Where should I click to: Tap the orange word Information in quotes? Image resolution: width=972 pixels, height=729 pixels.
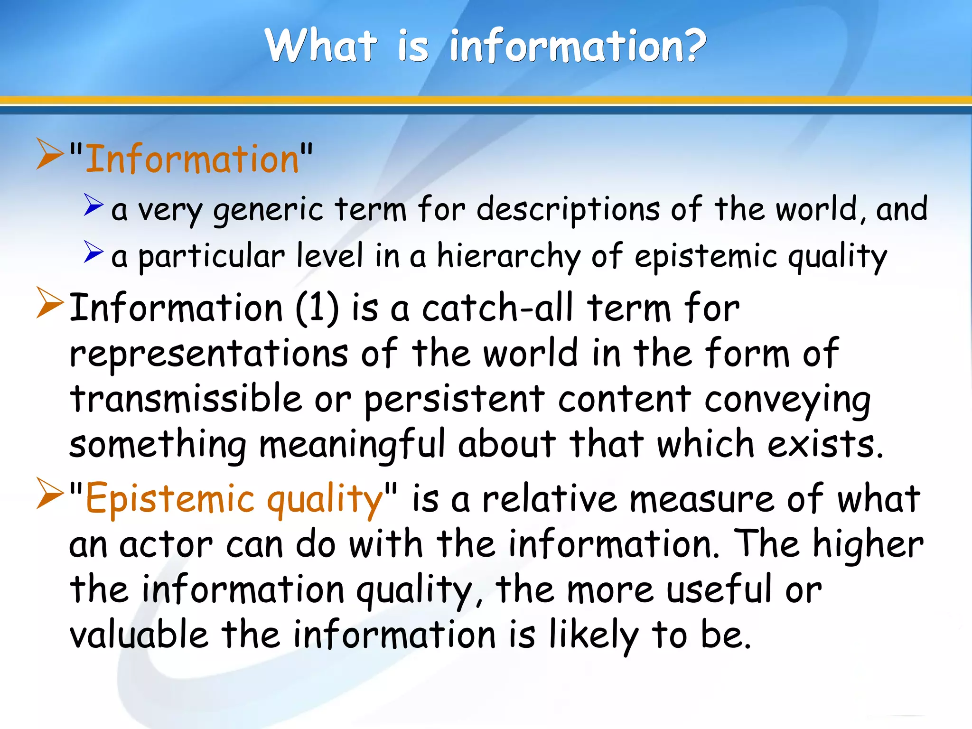192,159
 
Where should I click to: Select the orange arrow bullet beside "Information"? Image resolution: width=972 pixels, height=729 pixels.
49,154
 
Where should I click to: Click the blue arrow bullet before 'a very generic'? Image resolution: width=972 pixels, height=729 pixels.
93,205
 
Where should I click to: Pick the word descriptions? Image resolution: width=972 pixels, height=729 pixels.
568,210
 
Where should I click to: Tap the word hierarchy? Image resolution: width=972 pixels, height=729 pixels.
508,257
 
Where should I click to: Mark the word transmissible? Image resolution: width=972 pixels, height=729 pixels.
186,399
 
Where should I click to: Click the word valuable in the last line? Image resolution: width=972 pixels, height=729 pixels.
139,635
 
